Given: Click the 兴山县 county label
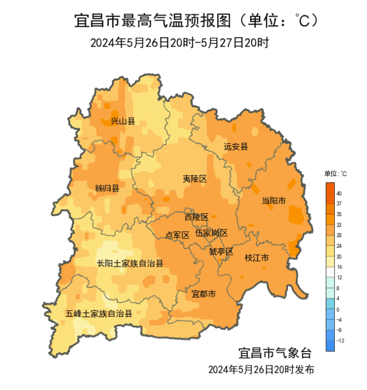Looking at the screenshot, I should (123, 121).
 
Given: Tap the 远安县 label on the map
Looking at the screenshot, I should (236, 146).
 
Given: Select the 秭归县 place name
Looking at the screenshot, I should (107, 188).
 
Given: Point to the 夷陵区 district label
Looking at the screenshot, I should (194, 178).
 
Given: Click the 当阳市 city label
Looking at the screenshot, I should (274, 200).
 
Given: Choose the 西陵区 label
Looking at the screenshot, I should (196, 217).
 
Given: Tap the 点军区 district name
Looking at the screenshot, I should (177, 235).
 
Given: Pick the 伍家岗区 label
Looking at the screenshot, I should (211, 233).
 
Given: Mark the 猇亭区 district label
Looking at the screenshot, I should (221, 251).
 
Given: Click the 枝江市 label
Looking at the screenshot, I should (256, 258).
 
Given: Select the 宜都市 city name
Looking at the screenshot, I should (204, 294).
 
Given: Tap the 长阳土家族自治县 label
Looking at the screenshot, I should (130, 264).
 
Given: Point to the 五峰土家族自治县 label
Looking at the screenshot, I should (99, 314).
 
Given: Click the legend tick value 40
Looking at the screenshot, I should (339, 193).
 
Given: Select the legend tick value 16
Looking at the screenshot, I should (339, 267).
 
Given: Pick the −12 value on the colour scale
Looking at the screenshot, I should (340, 341).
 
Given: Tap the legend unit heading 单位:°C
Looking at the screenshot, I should (335, 173).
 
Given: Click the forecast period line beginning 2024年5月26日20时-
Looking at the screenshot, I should (179, 42).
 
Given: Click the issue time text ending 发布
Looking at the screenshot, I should (261, 369).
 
